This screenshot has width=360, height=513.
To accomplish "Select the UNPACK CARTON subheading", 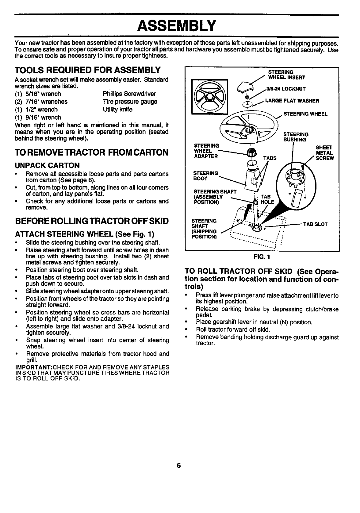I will click(47, 166).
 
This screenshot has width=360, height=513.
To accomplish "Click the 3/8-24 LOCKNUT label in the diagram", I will click(286, 89).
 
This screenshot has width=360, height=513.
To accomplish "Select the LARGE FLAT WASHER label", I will click(292, 101).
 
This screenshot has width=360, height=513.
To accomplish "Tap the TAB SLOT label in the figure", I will click(315, 224).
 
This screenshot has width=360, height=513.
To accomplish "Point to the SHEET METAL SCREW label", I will click(324, 153).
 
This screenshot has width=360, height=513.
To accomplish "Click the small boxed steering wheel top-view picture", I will click(209, 97).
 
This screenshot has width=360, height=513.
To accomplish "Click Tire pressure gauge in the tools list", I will click(130, 102).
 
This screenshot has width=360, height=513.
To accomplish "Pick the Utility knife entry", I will click(118, 110).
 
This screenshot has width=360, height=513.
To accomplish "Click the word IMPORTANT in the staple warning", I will click(33, 367).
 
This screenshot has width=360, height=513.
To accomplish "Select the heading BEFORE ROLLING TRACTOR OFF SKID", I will click(92, 221).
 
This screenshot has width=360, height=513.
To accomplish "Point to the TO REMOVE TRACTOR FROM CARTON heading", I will click(92, 152).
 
